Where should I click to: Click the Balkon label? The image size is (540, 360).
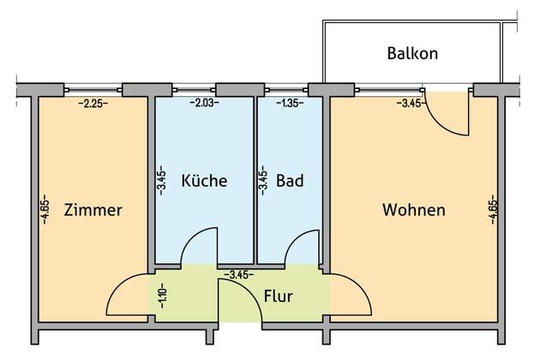pyautogui.click(x=412, y=53)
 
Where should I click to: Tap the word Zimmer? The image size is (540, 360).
pyautogui.click(x=93, y=210)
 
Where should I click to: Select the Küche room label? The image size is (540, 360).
pyautogui.click(x=204, y=181)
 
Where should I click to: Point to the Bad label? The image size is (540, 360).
pyautogui.click(x=290, y=181)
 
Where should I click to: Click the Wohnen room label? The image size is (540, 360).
pyautogui.click(x=414, y=210)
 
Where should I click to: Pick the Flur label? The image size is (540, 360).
pyautogui.click(x=279, y=296)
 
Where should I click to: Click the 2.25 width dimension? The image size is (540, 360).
pyautogui.click(x=93, y=103)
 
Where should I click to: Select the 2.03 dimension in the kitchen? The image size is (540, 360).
pyautogui.click(x=204, y=103)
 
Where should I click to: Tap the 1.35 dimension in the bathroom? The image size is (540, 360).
pyautogui.click(x=290, y=103)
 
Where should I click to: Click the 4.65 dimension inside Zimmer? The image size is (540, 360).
pyautogui.click(x=45, y=209)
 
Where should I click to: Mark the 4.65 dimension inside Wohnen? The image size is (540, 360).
pyautogui.click(x=493, y=209)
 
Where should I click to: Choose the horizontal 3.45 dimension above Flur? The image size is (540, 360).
pyautogui.click(x=239, y=274)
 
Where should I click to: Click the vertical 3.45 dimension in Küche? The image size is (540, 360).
pyautogui.click(x=162, y=181)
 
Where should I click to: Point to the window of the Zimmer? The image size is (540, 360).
pyautogui.click(x=93, y=90)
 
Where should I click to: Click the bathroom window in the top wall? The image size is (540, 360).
pyautogui.click(x=286, y=90)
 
